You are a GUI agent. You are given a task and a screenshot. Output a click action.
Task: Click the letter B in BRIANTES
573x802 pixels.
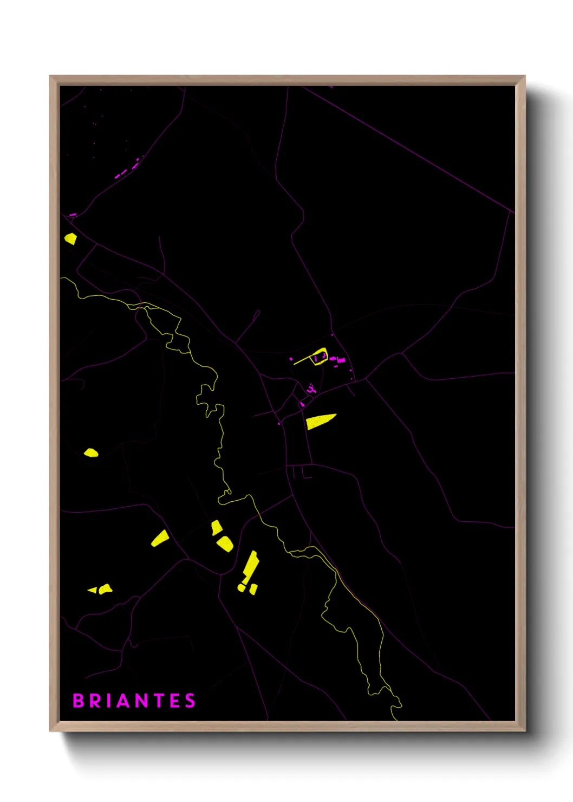pyautogui.click(x=79, y=701)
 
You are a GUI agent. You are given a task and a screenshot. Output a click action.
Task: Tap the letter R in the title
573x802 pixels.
pyautogui.click(x=96, y=701)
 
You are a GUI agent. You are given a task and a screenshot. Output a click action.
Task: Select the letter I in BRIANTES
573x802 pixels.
pyautogui.click(x=110, y=701)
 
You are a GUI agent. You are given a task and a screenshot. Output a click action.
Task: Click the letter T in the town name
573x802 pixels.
pyautogui.click(x=160, y=701)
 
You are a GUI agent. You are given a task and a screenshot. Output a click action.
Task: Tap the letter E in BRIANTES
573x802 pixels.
pyautogui.click(x=175, y=701)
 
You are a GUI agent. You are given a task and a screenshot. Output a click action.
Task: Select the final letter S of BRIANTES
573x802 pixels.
pyautogui.click(x=190, y=701)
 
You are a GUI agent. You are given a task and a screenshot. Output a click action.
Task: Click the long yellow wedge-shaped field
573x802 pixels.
pyautogui.click(x=320, y=421)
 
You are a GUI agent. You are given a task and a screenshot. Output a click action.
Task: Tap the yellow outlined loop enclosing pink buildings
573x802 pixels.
pyautogui.click(x=320, y=357)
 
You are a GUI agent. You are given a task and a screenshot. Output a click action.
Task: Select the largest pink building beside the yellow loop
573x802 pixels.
pyautogui.click(x=341, y=360)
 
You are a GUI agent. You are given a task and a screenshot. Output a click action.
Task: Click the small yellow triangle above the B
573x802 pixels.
pyautogui.click(x=93, y=590)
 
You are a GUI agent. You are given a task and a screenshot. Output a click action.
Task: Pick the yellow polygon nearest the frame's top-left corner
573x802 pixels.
pyautogui.click(x=70, y=238)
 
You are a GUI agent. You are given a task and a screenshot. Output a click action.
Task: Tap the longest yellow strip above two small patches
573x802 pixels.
pyautogui.click(x=250, y=567)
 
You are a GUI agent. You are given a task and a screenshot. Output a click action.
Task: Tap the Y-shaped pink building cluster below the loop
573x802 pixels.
pyautogui.click(x=310, y=388)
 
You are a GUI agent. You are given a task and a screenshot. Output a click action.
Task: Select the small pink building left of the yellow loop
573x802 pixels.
pyautogui.click(x=291, y=359)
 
